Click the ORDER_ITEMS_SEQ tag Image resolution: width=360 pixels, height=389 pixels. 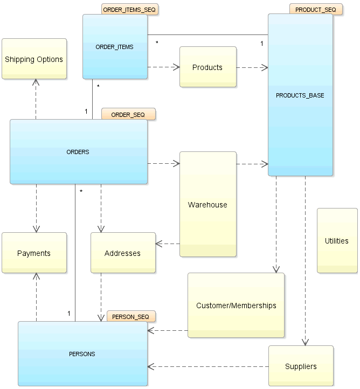[130, 10]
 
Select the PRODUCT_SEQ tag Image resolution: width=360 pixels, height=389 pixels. [315, 10]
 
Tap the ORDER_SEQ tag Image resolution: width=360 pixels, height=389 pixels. [128, 114]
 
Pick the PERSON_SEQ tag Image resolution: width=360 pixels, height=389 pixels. [131, 316]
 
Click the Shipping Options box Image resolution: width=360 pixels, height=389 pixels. [34, 59]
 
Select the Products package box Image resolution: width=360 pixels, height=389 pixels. [207, 67]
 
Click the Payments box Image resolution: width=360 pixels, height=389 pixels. [34, 253]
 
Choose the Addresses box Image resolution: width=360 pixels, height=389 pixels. [123, 253]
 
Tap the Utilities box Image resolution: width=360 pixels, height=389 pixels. [337, 241]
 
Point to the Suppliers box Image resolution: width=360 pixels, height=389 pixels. [301, 366]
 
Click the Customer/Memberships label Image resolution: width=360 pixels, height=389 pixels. [236, 305]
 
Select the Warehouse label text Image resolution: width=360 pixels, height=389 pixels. [207, 205]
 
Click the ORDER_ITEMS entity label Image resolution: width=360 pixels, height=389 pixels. [114, 47]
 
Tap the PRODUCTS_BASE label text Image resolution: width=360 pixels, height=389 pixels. [300, 95]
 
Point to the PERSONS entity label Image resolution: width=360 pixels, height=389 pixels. [82, 354]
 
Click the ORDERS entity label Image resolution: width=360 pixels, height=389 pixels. [78, 152]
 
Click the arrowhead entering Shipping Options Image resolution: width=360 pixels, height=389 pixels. [36, 82]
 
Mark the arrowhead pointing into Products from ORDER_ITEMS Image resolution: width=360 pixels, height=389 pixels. [176, 67]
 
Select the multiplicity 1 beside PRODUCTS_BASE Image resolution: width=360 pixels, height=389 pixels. [262, 43]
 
